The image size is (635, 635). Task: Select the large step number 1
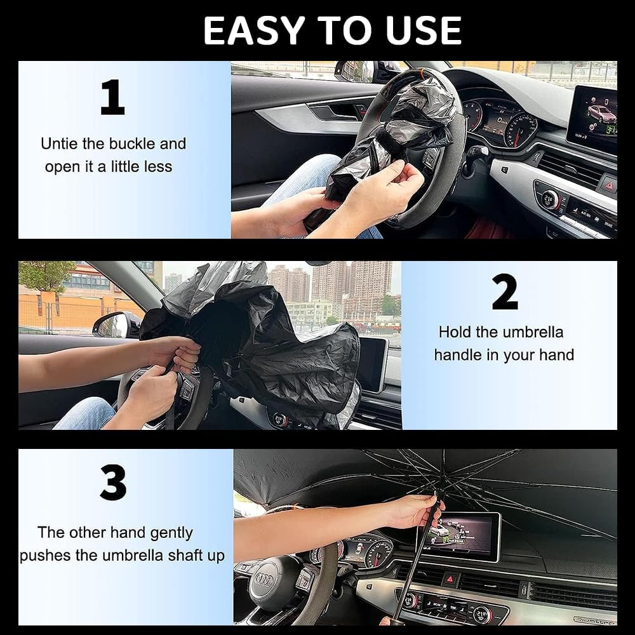pos(112,98)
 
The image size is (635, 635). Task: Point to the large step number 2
pos(505,293)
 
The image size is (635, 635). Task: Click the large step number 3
pos(113,484)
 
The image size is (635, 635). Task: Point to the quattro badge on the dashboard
pos(594,619)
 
